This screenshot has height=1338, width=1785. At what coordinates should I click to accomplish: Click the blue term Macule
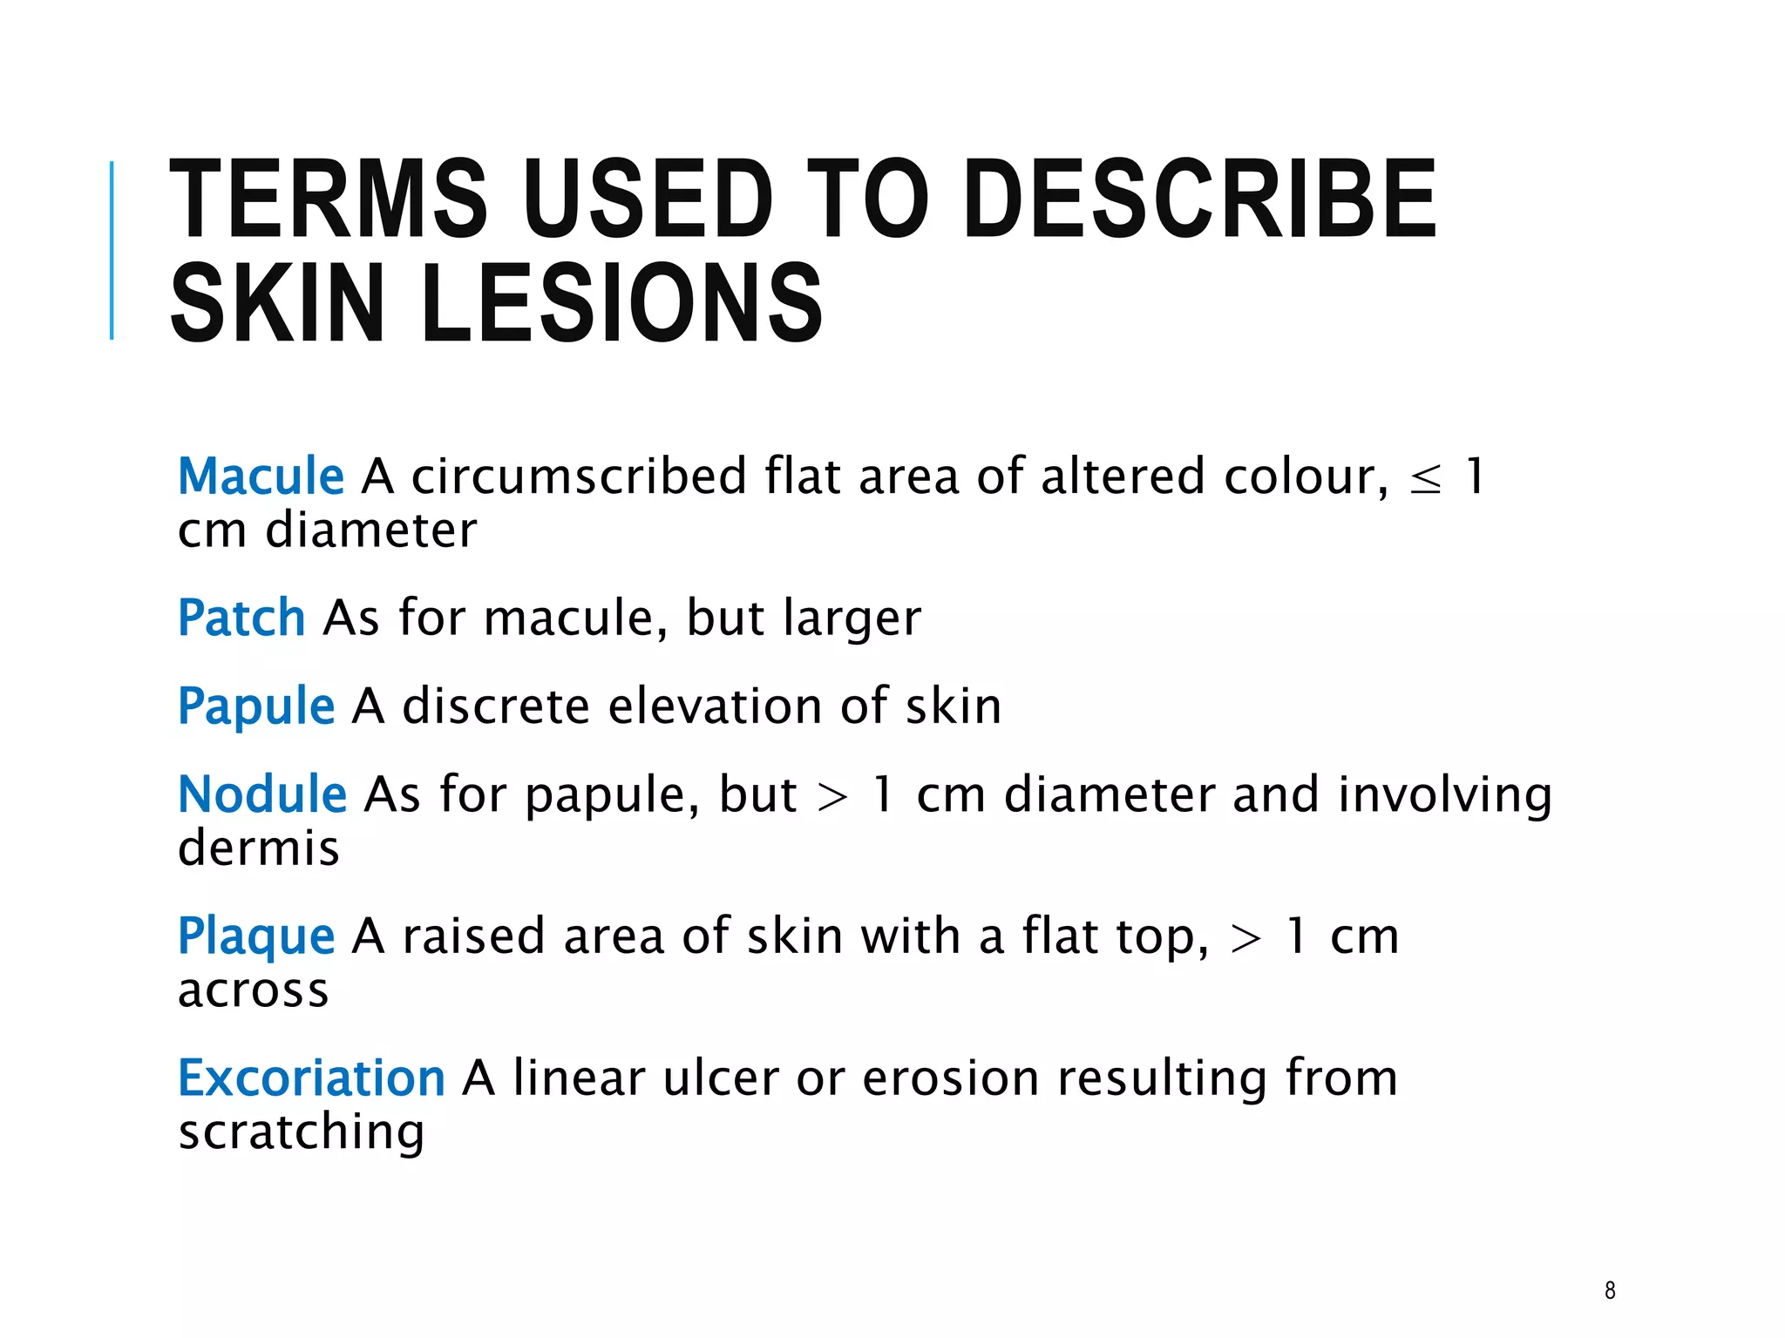click(x=261, y=476)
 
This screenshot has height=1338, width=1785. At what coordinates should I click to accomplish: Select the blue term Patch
click(x=241, y=618)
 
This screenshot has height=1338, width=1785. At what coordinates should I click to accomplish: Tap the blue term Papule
click(x=256, y=706)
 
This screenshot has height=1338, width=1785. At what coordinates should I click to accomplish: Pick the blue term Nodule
click(x=262, y=794)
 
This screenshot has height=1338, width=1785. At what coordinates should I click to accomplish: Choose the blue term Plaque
click(x=256, y=936)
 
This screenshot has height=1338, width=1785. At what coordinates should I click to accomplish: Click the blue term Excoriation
click(x=311, y=1078)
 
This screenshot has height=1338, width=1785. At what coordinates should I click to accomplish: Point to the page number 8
click(x=1610, y=1290)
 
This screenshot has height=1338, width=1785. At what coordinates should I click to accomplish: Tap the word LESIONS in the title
click(x=621, y=303)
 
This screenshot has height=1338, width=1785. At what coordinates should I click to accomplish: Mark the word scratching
click(x=302, y=1132)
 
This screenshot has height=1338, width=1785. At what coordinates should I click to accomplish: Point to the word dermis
click(x=258, y=848)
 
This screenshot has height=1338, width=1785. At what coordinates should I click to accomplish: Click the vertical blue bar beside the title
click(x=112, y=250)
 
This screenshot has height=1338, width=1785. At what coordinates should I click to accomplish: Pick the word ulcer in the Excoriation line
click(x=721, y=1078)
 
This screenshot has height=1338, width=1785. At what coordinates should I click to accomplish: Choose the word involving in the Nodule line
click(x=1444, y=796)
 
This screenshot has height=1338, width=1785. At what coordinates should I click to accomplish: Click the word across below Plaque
click(x=253, y=990)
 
